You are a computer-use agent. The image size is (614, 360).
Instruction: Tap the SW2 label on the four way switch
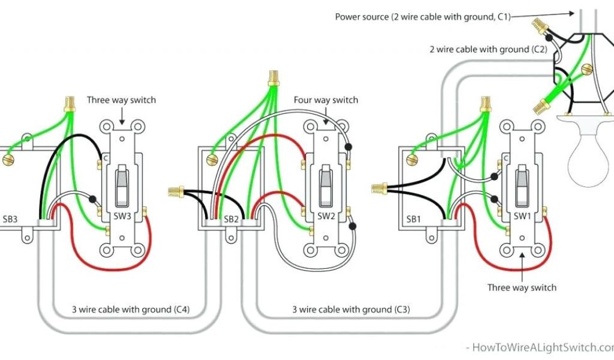[326, 216]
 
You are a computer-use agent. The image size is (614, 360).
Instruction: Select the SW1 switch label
[522, 216]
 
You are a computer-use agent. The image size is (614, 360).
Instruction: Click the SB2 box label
[231, 220]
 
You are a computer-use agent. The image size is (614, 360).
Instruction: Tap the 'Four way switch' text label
[326, 100]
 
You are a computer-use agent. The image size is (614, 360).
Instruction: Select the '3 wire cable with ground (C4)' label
[132, 310]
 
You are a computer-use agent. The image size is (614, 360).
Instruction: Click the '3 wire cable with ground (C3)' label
[351, 310]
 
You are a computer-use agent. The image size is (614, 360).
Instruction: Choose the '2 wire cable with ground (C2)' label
[487, 49]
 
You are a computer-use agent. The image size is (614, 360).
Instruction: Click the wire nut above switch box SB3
[70, 106]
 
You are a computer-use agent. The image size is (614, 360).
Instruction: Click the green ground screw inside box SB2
[211, 160]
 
